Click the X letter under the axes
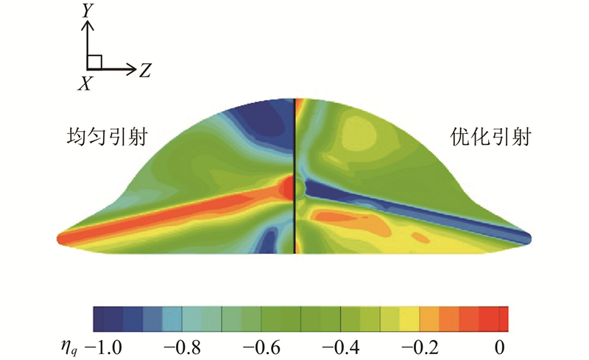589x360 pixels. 86,84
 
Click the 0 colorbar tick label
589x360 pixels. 501,345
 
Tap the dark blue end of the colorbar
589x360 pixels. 103,318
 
